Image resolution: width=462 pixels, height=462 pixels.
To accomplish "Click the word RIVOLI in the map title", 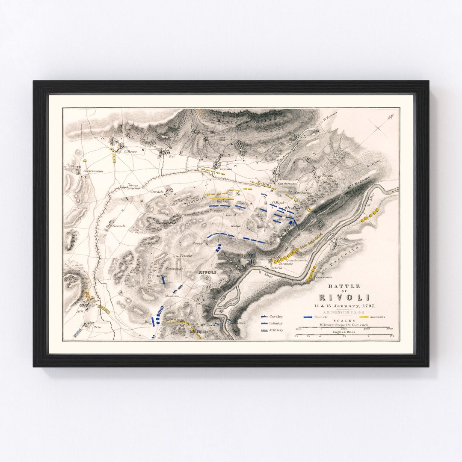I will point(344,297).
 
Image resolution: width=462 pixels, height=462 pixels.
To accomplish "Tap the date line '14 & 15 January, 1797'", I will point(344,305).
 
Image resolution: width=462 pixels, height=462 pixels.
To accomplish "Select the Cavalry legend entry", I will point(275,317).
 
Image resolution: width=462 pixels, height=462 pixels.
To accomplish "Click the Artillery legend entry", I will point(276,330).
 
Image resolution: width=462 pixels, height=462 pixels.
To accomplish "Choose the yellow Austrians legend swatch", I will point(364,317).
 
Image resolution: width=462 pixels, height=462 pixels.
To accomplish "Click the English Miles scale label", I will point(344,332).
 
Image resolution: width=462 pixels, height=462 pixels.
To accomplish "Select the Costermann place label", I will point(94,171).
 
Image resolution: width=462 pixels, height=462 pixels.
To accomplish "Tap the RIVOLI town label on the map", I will point(207,272).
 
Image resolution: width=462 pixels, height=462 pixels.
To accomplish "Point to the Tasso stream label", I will point(133,185).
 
